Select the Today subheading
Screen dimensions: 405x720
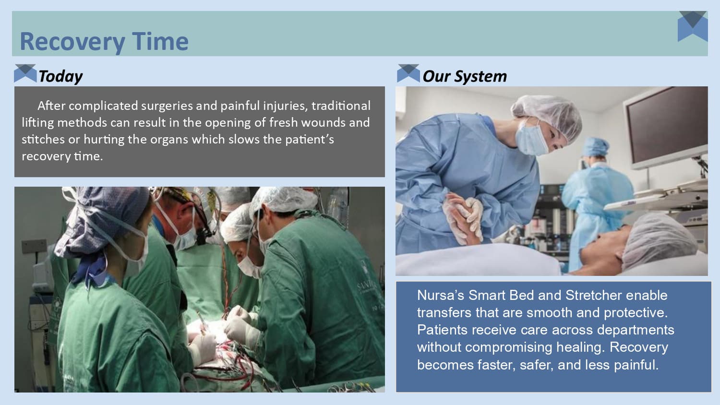60,76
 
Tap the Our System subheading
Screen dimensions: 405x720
464,76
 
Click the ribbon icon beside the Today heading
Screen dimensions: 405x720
25,73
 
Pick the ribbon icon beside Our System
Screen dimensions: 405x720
408,73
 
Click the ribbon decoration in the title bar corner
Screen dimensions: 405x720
693,26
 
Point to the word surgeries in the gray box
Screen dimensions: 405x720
167,106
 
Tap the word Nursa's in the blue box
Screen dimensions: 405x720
440,295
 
